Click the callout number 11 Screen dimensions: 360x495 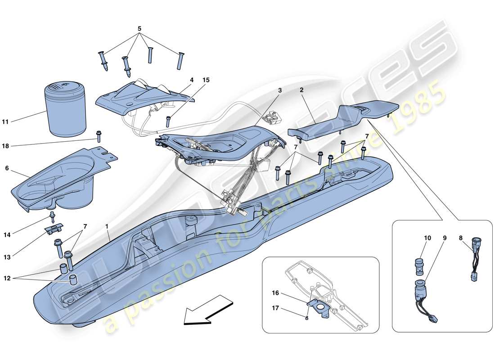point(18,121)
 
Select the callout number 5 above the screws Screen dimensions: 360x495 point(139,29)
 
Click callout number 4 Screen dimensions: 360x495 point(192,80)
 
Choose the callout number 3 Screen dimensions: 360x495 point(280,90)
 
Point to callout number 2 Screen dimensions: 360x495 point(301,90)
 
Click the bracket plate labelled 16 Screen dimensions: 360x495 point(321,307)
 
